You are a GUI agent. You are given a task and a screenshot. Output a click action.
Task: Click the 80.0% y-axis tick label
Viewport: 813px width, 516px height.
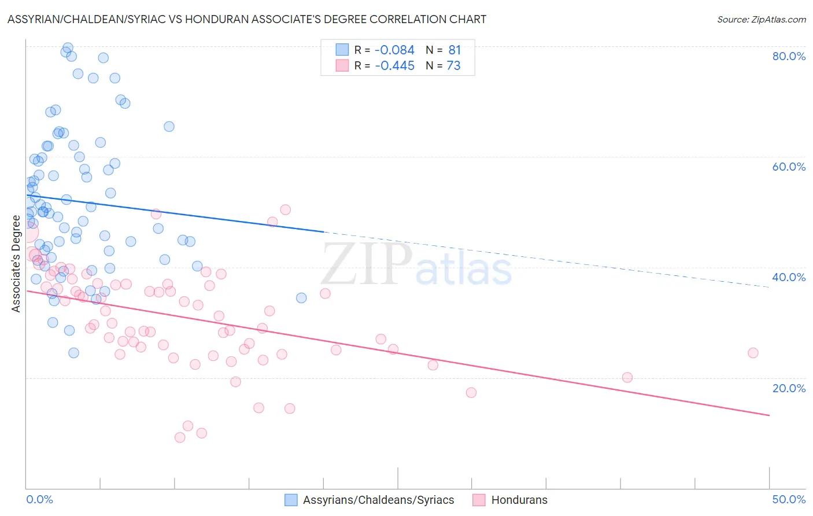(x=789, y=56)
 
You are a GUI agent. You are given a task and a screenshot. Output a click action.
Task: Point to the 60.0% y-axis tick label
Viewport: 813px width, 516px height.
(x=789, y=167)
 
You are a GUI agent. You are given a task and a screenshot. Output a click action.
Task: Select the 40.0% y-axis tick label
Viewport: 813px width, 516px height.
(x=789, y=277)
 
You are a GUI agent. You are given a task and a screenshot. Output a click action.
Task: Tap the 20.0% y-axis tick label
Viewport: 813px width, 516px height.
(x=789, y=388)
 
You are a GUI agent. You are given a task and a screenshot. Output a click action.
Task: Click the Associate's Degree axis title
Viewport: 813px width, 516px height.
(x=16, y=264)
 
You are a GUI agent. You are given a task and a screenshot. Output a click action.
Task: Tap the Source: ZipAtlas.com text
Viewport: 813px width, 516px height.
(x=761, y=19)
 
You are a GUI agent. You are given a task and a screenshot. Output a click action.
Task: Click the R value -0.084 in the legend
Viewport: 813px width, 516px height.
(x=394, y=50)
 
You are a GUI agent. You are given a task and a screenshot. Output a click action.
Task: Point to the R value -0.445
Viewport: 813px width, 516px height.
(x=394, y=66)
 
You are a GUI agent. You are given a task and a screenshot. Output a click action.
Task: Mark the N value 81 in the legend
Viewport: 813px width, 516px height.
(x=454, y=50)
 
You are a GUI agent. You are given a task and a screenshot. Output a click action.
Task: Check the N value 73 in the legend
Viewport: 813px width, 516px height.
(x=454, y=66)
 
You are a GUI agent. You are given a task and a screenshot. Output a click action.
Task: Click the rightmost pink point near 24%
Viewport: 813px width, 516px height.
(x=753, y=353)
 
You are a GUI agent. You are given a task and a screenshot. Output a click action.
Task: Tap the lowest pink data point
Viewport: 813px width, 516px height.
(x=180, y=437)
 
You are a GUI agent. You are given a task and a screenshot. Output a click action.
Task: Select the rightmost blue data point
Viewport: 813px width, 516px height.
(x=301, y=298)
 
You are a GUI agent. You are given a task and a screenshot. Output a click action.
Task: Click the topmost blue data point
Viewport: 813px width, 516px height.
(x=68, y=47)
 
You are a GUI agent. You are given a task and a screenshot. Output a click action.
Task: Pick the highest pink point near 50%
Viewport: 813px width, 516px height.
(x=285, y=209)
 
